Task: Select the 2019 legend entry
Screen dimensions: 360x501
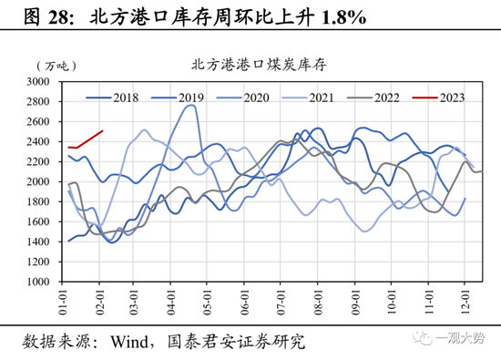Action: click(180, 98)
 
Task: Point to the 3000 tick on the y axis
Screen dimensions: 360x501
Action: click(48, 81)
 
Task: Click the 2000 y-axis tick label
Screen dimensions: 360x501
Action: click(48, 181)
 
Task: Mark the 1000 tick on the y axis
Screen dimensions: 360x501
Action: click(48, 282)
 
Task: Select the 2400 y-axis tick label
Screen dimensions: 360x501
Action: click(48, 141)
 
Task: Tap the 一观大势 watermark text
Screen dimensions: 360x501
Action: click(464, 339)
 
